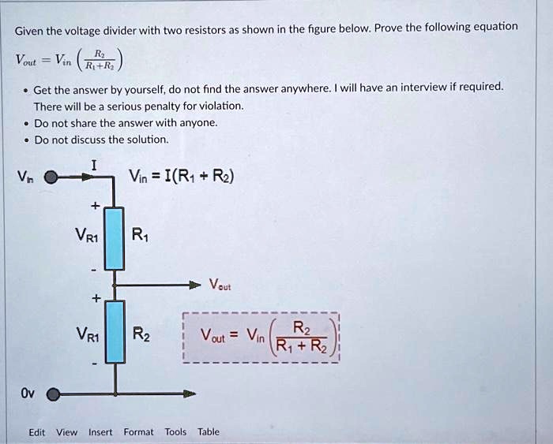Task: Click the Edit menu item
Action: [x=36, y=432]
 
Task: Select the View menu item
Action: [x=66, y=432]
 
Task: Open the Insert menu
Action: [x=100, y=432]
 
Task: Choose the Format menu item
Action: [x=138, y=432]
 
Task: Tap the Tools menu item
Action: [x=175, y=432]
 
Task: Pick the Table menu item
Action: [x=209, y=432]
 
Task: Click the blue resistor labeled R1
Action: [x=115, y=238]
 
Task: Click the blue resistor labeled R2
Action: [x=115, y=332]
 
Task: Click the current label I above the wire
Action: [x=94, y=165]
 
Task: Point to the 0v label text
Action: [x=27, y=392]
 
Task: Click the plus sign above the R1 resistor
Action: [x=95, y=206]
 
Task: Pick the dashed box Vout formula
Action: [x=261, y=337]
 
